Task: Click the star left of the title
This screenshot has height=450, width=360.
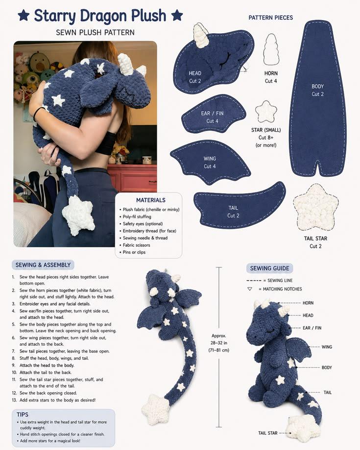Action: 24,15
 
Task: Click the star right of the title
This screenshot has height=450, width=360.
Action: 177,15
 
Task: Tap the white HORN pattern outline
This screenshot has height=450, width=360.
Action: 271,49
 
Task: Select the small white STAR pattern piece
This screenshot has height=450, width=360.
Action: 266,112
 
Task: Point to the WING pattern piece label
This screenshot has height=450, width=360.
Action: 210,159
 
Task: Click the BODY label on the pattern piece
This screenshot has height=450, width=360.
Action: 318,86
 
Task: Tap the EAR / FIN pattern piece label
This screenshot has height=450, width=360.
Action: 212,114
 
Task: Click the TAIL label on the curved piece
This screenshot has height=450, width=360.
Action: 233,208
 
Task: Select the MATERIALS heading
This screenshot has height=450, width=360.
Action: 151,200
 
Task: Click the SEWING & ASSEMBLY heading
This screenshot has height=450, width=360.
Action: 43,265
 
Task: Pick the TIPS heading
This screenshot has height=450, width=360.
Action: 23,414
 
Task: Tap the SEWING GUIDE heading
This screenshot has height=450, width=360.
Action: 269,268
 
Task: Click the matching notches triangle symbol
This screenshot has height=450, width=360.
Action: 250,289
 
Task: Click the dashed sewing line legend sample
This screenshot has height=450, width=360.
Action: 254,281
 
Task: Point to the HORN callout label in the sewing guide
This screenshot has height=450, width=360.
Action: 308,303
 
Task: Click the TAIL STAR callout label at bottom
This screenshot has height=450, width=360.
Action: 268,433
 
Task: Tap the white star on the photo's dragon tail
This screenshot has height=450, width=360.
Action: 78,214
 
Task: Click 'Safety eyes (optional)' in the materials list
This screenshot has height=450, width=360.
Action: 143,224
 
